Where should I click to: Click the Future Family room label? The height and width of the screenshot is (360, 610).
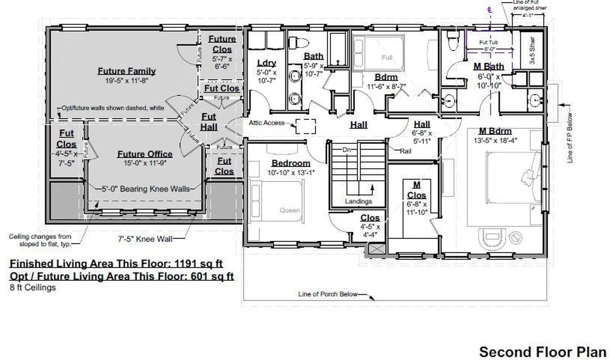click(x=126, y=71)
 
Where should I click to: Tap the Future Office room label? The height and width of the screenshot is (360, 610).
click(x=145, y=154)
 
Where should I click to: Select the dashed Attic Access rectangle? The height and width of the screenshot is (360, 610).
click(x=305, y=126)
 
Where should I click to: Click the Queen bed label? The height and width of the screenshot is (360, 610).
click(x=289, y=210)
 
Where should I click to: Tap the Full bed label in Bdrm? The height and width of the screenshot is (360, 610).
click(x=387, y=58)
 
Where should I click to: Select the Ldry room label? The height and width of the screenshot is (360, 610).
click(x=266, y=63)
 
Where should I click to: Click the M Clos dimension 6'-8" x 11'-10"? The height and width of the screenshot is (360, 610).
click(x=417, y=208)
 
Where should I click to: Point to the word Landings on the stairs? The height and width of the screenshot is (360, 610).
click(x=358, y=201)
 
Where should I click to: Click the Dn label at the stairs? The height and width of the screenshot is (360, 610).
click(x=347, y=149)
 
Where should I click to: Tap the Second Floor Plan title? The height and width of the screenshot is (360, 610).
click(x=542, y=352)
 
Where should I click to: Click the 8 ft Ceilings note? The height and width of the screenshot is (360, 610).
click(x=32, y=288)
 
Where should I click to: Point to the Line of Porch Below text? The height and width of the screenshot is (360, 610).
click(x=328, y=294)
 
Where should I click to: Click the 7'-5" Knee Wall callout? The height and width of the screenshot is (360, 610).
click(x=145, y=239)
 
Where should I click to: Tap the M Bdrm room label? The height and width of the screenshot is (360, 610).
click(x=495, y=131)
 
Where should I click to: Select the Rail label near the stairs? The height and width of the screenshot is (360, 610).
click(x=405, y=151)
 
